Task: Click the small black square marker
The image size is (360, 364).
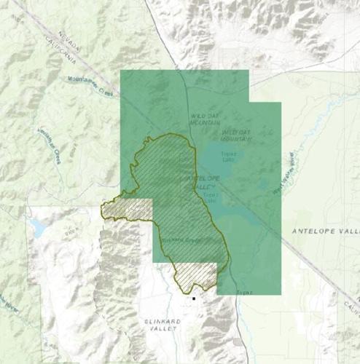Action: coord(194,298)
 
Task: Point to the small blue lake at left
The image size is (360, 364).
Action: coord(37,229)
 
